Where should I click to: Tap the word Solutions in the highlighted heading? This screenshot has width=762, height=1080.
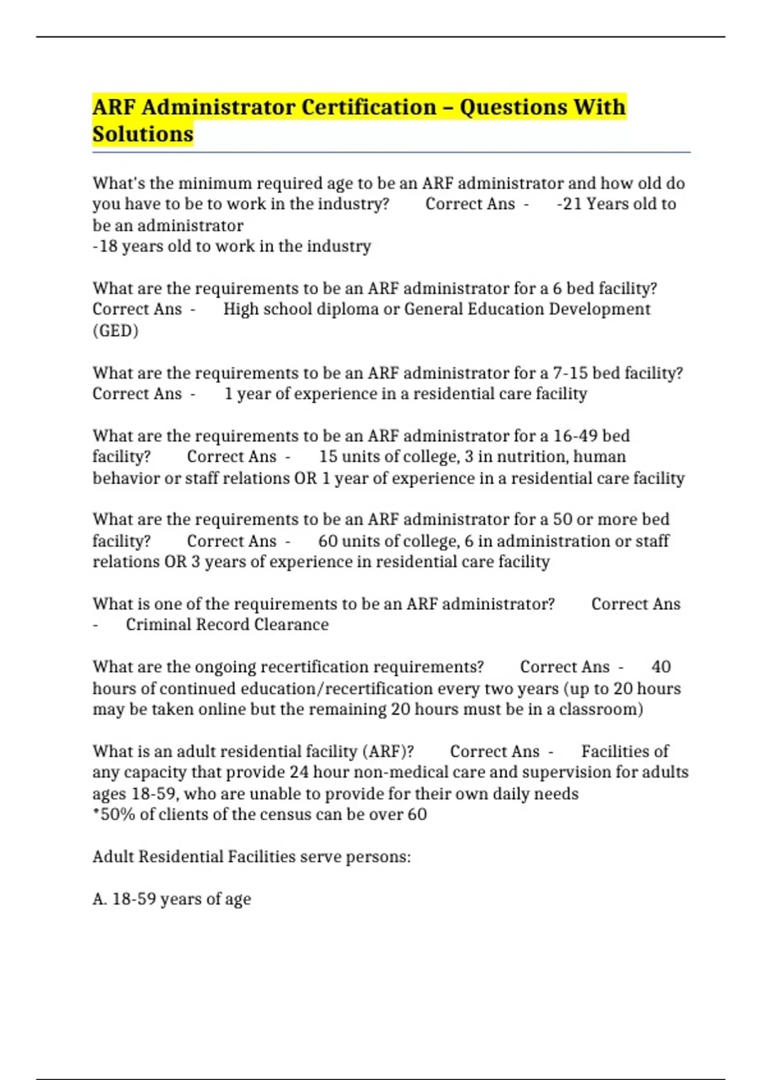143,134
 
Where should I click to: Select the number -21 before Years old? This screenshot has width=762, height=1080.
569,204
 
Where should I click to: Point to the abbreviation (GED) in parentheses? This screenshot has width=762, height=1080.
116,330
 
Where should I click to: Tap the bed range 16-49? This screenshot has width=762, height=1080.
575,436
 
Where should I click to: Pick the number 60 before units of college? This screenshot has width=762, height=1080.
328,541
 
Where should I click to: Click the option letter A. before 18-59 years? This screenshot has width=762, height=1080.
100,898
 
